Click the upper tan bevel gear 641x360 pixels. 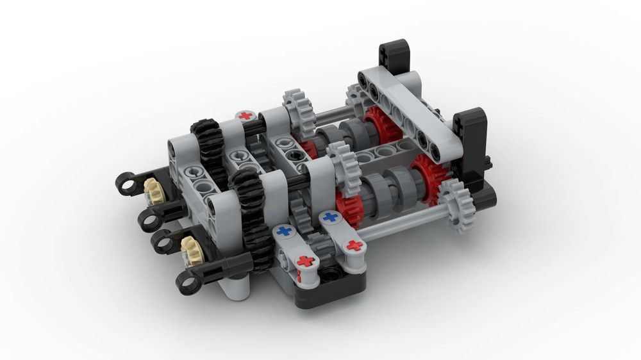[153, 188]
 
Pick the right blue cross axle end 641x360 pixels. [330, 218]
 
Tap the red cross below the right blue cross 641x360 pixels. [353, 245]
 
